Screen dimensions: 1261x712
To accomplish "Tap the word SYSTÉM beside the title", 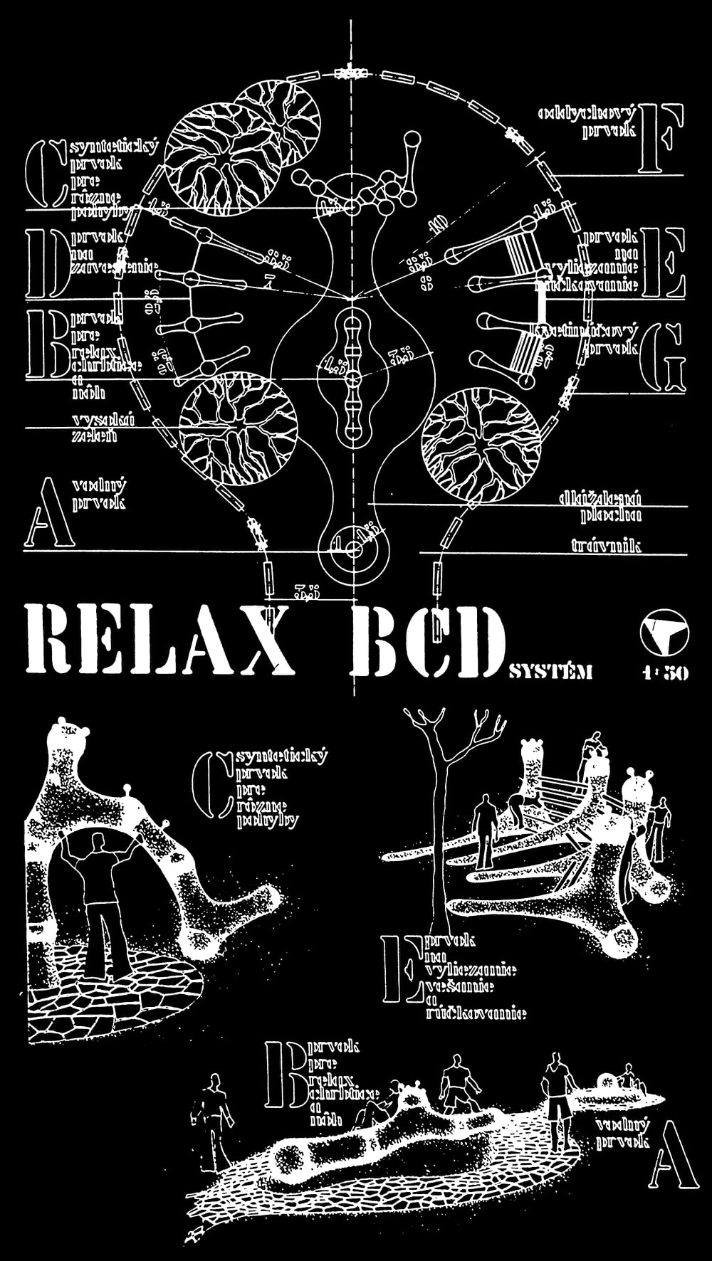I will click(x=551, y=671).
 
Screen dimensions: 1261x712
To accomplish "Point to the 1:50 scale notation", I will click(x=664, y=672).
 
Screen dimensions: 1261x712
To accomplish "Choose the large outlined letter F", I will click(x=661, y=137).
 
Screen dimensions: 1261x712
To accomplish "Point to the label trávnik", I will click(x=606, y=546).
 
